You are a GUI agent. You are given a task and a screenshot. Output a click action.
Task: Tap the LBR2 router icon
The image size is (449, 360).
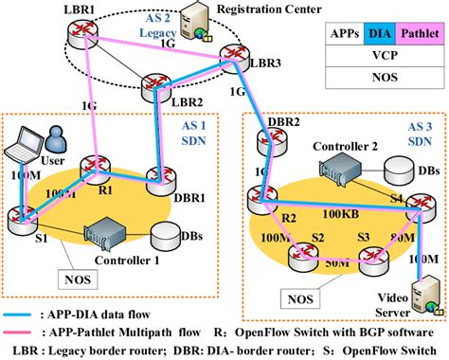(157, 88)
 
